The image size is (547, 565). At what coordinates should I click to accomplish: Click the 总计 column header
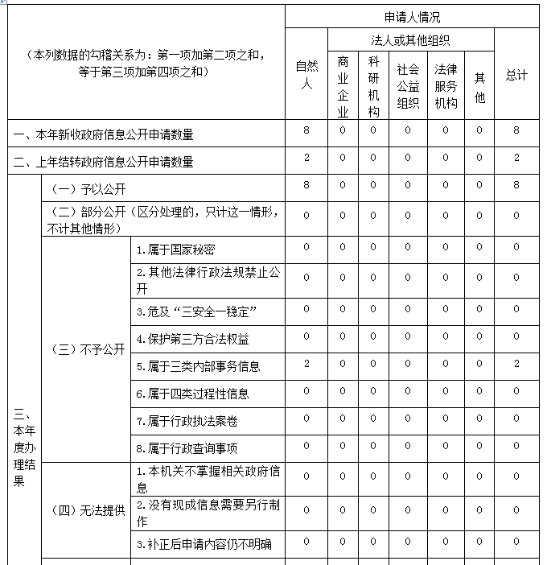click(x=516, y=75)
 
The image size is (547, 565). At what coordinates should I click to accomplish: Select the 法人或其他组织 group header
click(x=410, y=39)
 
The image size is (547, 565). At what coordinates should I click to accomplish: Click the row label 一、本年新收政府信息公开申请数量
click(x=102, y=134)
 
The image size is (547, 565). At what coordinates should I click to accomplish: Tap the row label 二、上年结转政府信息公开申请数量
click(x=102, y=162)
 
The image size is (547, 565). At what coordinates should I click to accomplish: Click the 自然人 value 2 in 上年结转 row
click(x=306, y=158)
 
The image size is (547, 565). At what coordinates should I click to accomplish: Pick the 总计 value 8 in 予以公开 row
click(x=516, y=185)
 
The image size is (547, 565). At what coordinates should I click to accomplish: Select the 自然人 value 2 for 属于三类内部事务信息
click(x=306, y=364)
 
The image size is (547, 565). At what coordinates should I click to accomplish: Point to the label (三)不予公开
click(x=88, y=349)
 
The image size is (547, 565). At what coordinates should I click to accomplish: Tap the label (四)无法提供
click(x=88, y=510)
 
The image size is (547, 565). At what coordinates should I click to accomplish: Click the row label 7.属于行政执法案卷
click(x=187, y=420)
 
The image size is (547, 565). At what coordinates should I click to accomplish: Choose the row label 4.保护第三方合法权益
click(x=192, y=339)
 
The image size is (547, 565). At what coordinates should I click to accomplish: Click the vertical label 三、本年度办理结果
click(x=23, y=447)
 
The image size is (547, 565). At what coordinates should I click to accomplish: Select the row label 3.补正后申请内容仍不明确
click(x=204, y=544)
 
